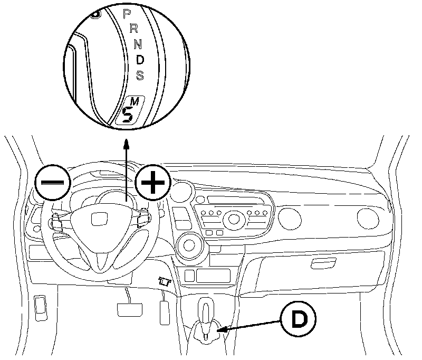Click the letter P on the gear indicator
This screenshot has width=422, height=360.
point(127,14)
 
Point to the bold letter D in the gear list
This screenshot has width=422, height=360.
point(140,60)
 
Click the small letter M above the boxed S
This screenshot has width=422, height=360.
point(135,101)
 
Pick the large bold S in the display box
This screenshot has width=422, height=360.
point(127,113)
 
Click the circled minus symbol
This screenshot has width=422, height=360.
point(53,182)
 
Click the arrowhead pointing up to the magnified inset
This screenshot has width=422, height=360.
point(126,141)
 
